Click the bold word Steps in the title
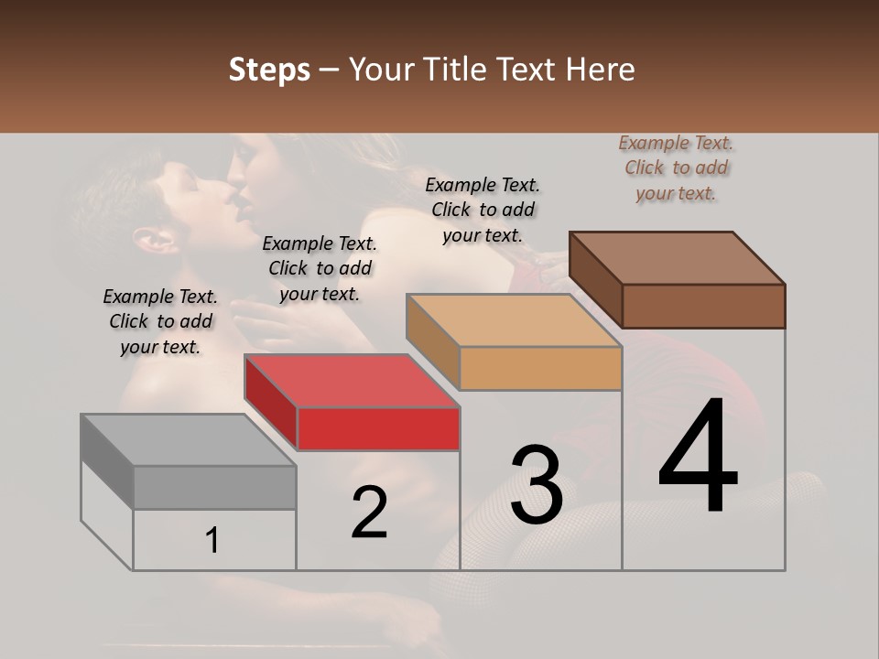click(x=269, y=70)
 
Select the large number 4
click(x=698, y=458)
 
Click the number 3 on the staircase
click(x=536, y=485)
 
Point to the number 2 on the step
click(x=369, y=513)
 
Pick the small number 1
click(x=212, y=541)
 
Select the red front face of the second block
click(x=378, y=428)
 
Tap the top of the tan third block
click(x=514, y=321)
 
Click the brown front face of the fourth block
click(x=703, y=306)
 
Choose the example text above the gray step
click(x=160, y=321)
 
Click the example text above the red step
click(x=320, y=268)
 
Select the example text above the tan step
click(x=483, y=210)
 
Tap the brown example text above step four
click(x=676, y=167)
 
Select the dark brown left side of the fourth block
click(x=596, y=279)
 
